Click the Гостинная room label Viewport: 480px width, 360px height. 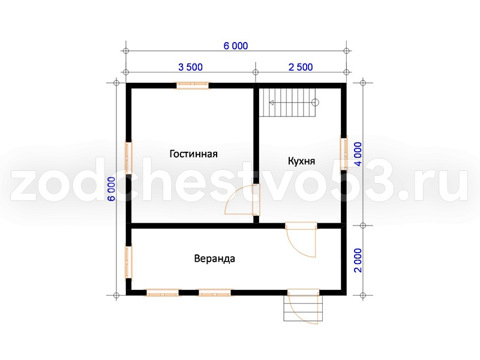click(193, 154)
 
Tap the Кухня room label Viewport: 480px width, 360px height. click(301, 161)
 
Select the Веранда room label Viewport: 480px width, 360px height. click(215, 259)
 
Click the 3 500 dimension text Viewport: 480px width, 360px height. click(190, 67)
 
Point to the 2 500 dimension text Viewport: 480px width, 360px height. click(301, 67)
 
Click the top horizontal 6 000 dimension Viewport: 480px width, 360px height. click(236, 46)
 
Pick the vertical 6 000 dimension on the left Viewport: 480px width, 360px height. click(112, 189)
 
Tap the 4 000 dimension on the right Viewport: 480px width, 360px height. click(358, 154)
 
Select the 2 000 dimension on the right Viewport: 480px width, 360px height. click(358, 260)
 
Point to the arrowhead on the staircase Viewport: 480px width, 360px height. click(271, 103)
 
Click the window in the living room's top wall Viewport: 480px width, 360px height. click(192, 85)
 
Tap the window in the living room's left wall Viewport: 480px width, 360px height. click(128, 157)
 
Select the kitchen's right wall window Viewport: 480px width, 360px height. click(344, 153)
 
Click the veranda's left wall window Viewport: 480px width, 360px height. click(128, 262)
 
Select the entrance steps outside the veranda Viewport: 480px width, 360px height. click(303, 308)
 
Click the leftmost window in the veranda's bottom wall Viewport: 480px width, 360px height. click(161, 293)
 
